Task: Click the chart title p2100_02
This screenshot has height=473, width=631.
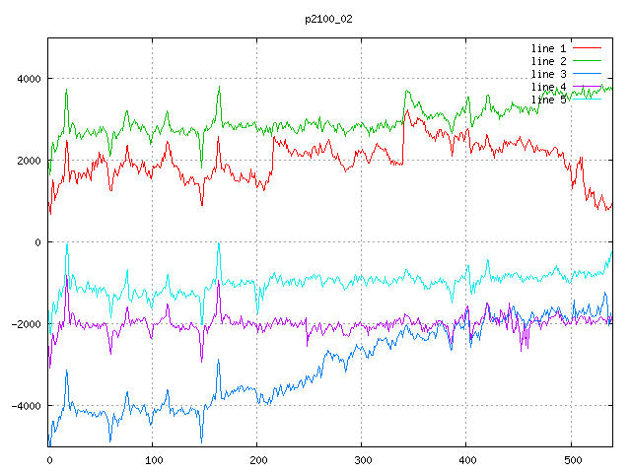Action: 327,20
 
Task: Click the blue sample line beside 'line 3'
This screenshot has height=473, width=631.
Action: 588,74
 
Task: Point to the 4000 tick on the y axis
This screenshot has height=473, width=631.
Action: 29,79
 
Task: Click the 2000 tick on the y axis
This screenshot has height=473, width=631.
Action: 29,161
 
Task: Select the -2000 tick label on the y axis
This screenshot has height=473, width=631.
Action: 26,324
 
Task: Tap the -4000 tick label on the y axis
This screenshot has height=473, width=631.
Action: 26,406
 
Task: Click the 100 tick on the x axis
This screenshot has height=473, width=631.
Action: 153,458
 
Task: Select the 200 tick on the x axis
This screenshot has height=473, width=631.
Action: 257,458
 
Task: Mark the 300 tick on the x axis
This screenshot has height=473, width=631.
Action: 362,458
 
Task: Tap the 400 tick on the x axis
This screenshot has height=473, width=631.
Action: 466,458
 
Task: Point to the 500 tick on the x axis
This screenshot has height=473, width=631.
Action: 571,458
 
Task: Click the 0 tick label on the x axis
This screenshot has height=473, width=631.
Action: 49,458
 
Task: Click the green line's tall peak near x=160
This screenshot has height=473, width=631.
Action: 219,88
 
